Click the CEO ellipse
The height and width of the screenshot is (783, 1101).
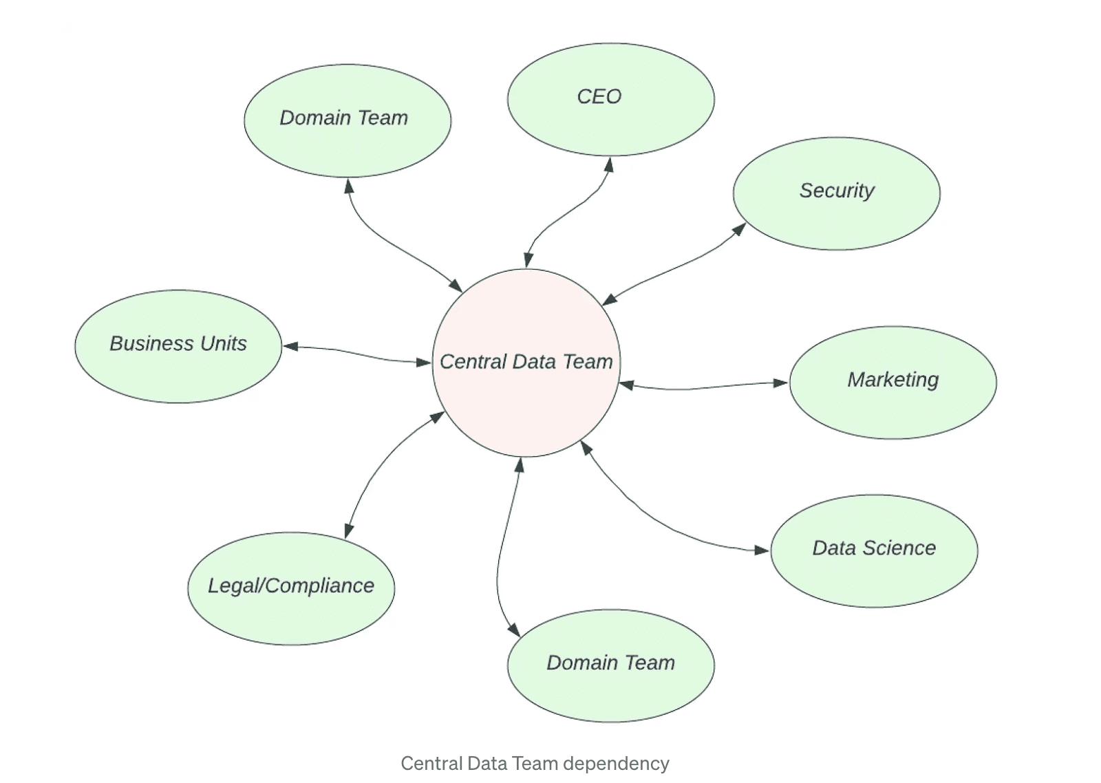[610, 100]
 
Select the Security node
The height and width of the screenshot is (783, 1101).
[836, 193]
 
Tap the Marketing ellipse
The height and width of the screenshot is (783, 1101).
[892, 383]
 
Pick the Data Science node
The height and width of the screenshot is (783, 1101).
[874, 550]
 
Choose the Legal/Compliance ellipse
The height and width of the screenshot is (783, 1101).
[291, 588]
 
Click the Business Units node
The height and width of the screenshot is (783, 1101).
[178, 346]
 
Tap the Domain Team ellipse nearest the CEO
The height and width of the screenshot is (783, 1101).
[348, 120]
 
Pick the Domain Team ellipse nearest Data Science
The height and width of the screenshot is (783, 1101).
[610, 665]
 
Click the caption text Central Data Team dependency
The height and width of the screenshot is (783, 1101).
[535, 764]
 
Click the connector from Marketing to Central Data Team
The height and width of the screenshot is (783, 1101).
[702, 387]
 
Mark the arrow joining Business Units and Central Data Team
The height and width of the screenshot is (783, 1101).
[354, 353]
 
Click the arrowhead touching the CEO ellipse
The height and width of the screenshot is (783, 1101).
[608, 164]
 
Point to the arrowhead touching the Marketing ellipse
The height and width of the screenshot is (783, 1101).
[781, 383]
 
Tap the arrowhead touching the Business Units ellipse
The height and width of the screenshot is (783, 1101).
[290, 347]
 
